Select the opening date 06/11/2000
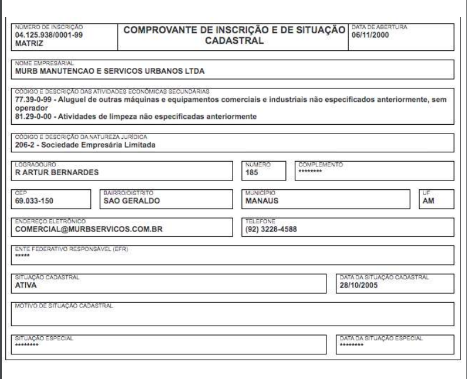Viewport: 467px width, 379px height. [370, 35]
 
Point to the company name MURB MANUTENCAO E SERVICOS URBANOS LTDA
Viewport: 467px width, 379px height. [110, 73]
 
